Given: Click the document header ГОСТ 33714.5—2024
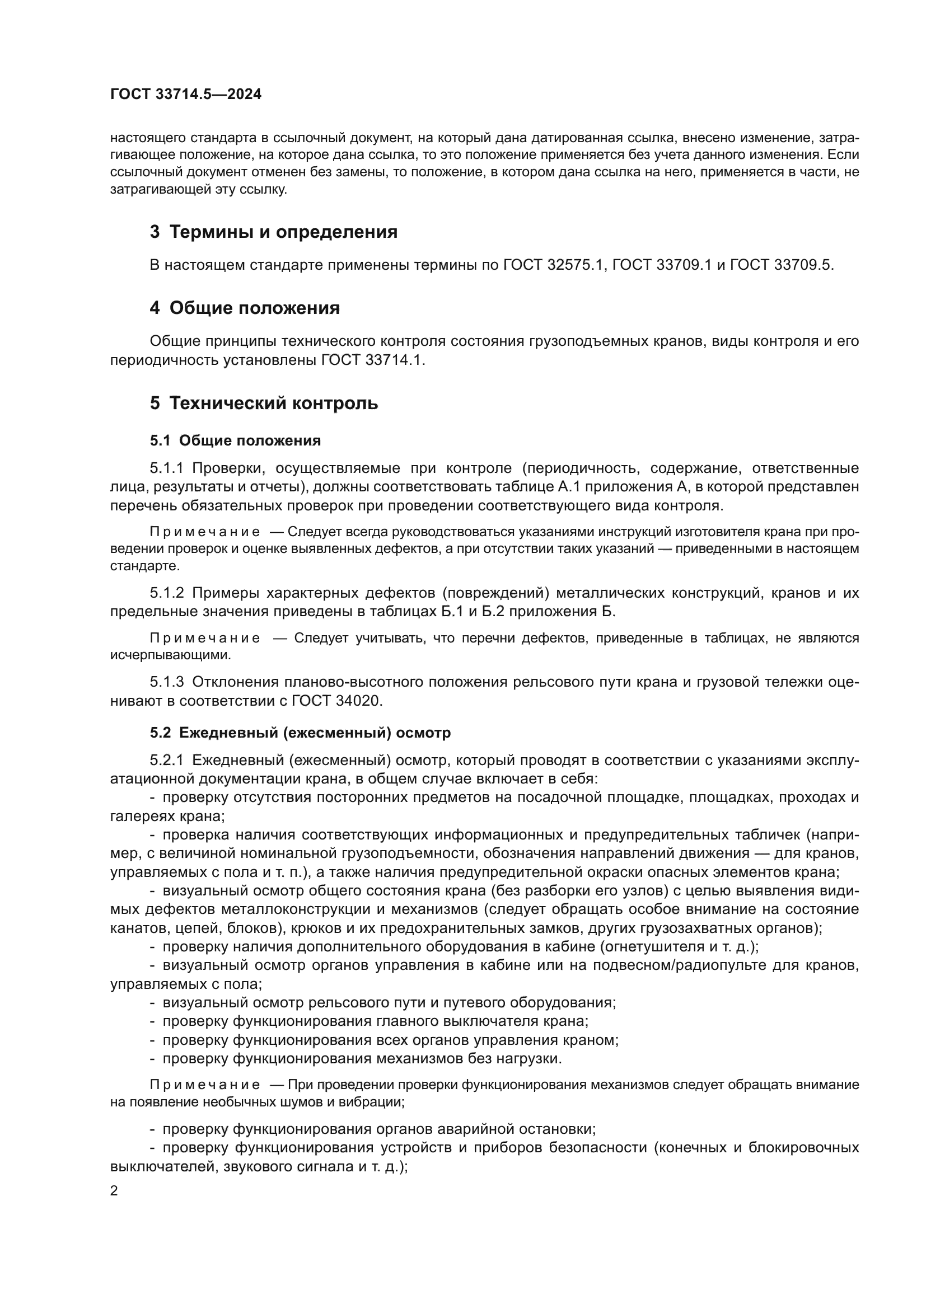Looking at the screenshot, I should (186, 95).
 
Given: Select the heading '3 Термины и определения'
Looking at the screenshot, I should (274, 232).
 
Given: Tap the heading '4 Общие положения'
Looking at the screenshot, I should (245, 308).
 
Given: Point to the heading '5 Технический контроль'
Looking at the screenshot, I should (264, 404).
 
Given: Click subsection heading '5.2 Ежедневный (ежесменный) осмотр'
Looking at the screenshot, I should (300, 733).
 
